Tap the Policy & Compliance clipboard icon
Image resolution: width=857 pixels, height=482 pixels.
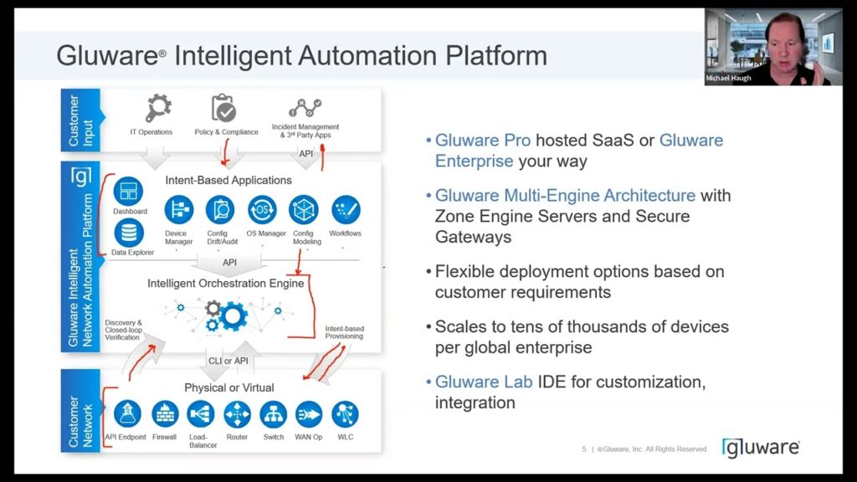pyautogui.click(x=224, y=109)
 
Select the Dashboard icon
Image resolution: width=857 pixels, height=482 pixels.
pyautogui.click(x=128, y=190)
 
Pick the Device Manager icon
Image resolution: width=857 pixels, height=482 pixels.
pyautogui.click(x=179, y=210)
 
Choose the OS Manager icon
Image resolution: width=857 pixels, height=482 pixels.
pyautogui.click(x=262, y=210)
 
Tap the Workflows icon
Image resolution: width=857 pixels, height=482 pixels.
pyautogui.click(x=346, y=210)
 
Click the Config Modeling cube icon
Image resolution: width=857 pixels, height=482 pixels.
pyautogui.click(x=304, y=210)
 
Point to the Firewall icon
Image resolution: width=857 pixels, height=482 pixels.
pyautogui.click(x=165, y=414)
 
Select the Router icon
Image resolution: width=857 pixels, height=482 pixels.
pyautogui.click(x=237, y=414)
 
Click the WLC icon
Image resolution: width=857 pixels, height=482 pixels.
pyautogui.click(x=345, y=414)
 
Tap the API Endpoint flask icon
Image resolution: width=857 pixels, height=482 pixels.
pyautogui.click(x=126, y=414)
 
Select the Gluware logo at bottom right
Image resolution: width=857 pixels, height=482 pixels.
pyautogui.click(x=761, y=448)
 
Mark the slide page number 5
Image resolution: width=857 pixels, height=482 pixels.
pyautogui.click(x=584, y=449)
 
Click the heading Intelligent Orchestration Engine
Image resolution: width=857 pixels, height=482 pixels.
pyautogui.click(x=225, y=284)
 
